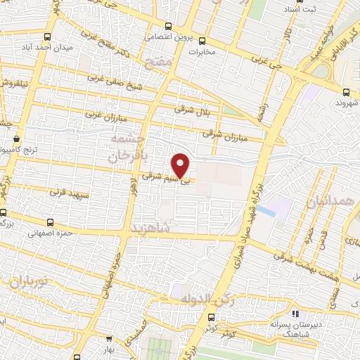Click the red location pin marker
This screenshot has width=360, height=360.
point(181,165)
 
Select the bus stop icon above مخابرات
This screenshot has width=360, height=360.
point(202,41)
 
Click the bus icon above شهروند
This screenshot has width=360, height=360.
point(347,92)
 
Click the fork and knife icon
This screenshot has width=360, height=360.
point(295,314)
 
